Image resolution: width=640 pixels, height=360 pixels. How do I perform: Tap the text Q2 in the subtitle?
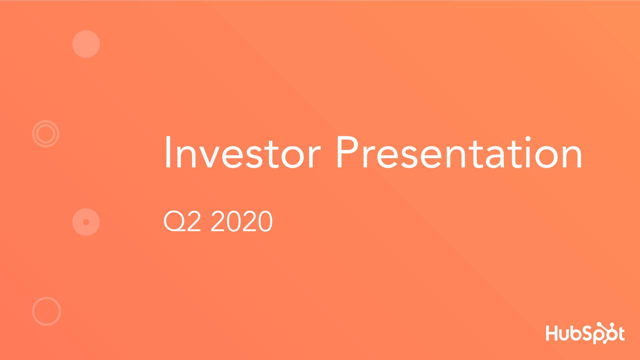pyautogui.click(x=182, y=222)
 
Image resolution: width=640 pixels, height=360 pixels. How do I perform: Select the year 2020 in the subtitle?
pyautogui.click(x=241, y=222)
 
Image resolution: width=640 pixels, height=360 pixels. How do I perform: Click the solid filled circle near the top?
pyautogui.click(x=86, y=44)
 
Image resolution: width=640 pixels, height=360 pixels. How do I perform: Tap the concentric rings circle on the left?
pyautogui.click(x=45, y=133)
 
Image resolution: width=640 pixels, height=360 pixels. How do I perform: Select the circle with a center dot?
pyautogui.click(x=86, y=221)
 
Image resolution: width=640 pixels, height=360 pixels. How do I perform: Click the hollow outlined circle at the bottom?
pyautogui.click(x=46, y=311)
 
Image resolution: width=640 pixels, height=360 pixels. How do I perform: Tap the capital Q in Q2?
pyautogui.click(x=172, y=222)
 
